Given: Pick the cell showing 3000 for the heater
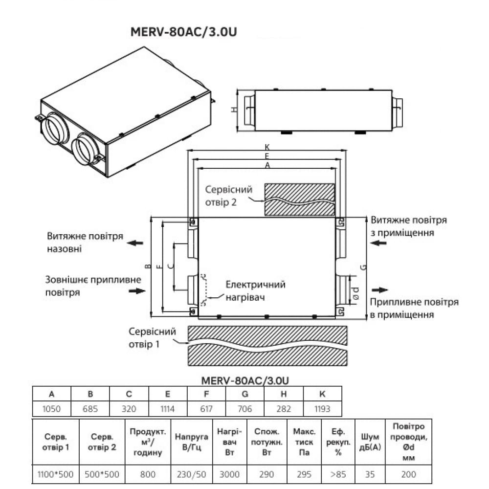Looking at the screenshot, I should pos(230,474).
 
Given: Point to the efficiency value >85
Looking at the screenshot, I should pos(338,474).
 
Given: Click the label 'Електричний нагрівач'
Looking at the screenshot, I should pos(255,290).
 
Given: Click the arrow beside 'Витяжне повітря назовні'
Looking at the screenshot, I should pos(133,243).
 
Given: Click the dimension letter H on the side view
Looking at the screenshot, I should pos(234,110).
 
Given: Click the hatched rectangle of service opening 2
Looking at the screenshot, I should pos(300,199).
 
